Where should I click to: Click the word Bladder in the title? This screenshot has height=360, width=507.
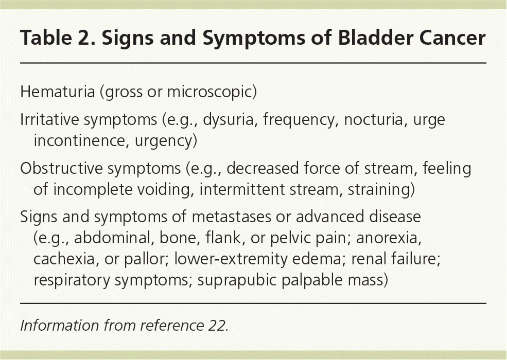click(x=375, y=38)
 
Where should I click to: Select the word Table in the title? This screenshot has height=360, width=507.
click(x=46, y=38)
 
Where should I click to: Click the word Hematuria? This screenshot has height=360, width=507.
click(x=57, y=92)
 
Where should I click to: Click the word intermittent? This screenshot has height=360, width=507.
click(x=241, y=189)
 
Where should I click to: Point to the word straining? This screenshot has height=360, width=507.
click(x=379, y=190)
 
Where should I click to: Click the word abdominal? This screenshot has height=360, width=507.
click(x=112, y=238)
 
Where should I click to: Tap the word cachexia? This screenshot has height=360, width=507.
click(x=64, y=259)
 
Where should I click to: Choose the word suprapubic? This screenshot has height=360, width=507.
click(x=236, y=280)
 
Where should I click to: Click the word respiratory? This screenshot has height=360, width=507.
click(x=72, y=280)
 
